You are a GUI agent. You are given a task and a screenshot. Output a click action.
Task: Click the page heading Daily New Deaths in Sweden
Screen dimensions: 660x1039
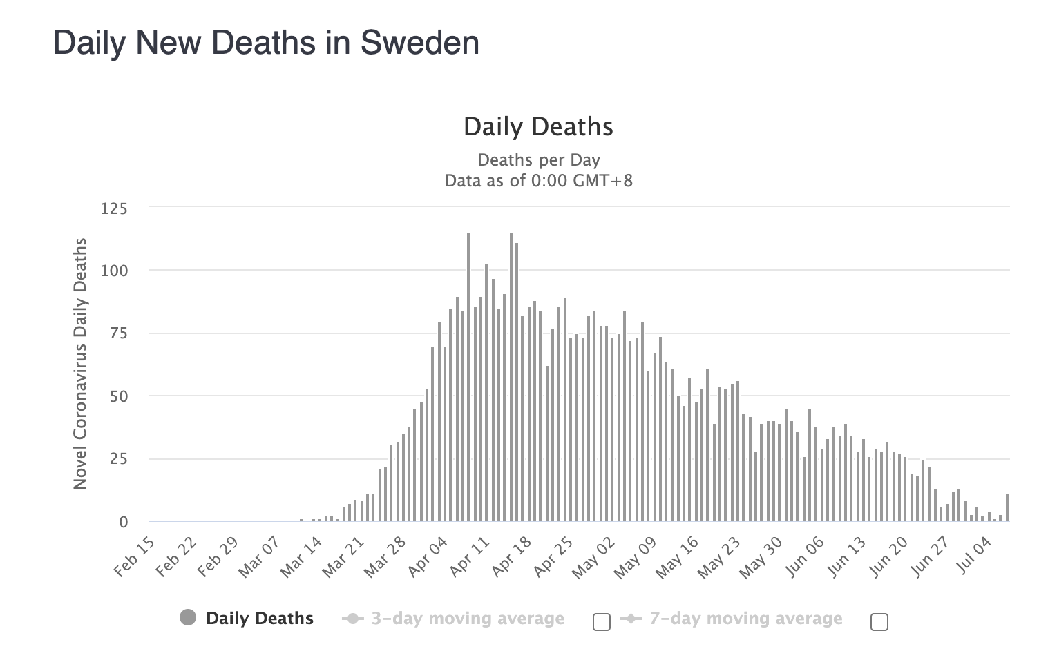click(266, 43)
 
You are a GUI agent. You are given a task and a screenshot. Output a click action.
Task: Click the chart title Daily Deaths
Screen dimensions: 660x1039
click(538, 127)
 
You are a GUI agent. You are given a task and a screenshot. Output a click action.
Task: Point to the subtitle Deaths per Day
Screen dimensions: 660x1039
click(538, 160)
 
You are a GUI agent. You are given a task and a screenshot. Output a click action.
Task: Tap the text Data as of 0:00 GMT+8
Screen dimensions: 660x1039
click(538, 182)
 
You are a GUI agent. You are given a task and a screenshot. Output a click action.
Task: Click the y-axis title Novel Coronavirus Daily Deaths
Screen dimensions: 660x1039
click(81, 364)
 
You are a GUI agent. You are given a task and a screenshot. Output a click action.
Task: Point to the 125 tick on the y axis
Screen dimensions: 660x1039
click(114, 208)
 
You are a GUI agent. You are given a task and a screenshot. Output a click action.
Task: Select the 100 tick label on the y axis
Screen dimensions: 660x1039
click(114, 271)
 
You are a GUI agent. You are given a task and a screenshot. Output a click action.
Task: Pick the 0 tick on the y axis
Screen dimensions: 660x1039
click(123, 523)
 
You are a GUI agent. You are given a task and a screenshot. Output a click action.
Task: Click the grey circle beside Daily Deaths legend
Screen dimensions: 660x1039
click(188, 618)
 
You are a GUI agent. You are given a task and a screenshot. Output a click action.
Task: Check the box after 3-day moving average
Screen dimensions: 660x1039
click(602, 622)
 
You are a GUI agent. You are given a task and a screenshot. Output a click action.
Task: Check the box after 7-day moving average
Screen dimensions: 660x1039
click(879, 622)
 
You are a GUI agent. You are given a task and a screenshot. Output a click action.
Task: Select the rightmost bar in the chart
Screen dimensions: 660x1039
click(1007, 507)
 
